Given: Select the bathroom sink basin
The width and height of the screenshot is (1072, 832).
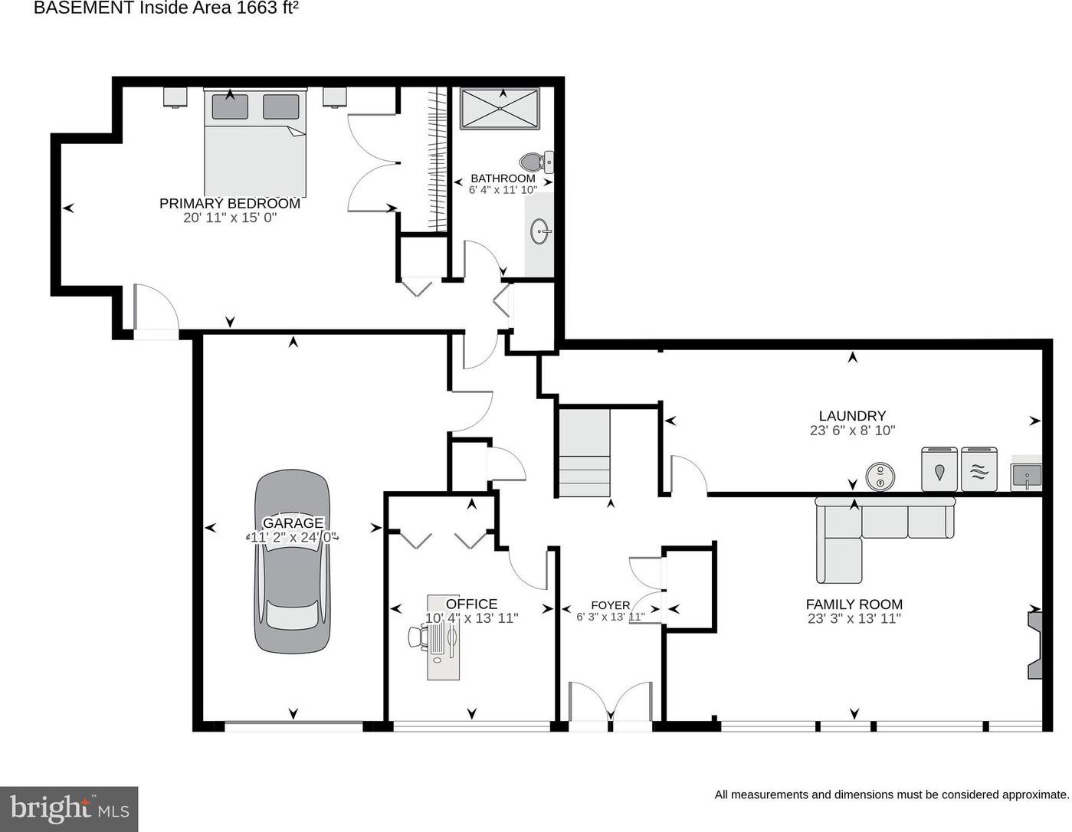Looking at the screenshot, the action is (x=540, y=231).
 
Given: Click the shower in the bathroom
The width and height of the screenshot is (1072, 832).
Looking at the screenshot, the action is (x=500, y=109).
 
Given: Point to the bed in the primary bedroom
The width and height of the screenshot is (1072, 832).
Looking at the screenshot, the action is (x=255, y=142).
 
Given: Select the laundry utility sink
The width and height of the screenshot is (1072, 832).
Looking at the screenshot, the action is (x=1026, y=476).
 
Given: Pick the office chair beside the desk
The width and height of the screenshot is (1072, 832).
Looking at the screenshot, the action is (x=418, y=636).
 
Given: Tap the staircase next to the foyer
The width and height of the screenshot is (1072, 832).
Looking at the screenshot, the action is (x=584, y=452).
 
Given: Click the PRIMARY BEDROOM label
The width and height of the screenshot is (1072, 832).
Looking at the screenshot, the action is (x=229, y=203).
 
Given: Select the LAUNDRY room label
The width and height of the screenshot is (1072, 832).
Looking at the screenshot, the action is (x=852, y=416).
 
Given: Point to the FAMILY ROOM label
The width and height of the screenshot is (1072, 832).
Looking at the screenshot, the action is (x=854, y=604).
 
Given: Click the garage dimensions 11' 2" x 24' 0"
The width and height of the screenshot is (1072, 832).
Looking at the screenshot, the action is (x=293, y=537).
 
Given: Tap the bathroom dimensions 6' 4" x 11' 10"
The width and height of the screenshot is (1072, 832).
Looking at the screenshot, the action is (x=503, y=190).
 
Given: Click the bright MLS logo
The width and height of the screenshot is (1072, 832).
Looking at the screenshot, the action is (x=69, y=809).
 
